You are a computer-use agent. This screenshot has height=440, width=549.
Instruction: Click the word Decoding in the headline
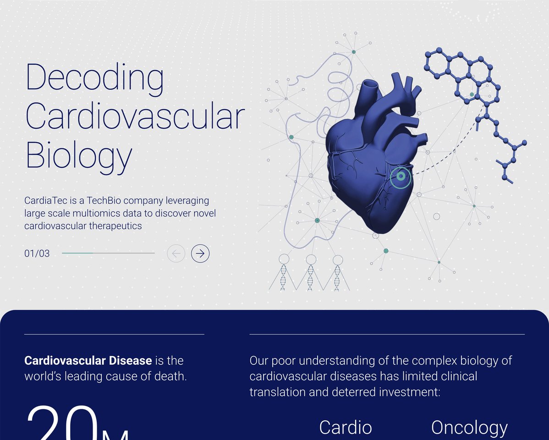pos(94,77)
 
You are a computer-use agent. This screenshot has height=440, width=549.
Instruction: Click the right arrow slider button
pos(200,253)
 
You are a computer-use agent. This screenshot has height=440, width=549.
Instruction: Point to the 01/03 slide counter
pos(37,253)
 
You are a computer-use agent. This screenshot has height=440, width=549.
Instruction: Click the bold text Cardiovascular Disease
pos(88,361)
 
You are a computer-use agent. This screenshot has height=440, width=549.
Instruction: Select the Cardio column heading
pos(346,427)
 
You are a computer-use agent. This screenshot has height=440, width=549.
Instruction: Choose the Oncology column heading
pos(469,427)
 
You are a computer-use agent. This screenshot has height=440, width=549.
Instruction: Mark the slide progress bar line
pos(108,253)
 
